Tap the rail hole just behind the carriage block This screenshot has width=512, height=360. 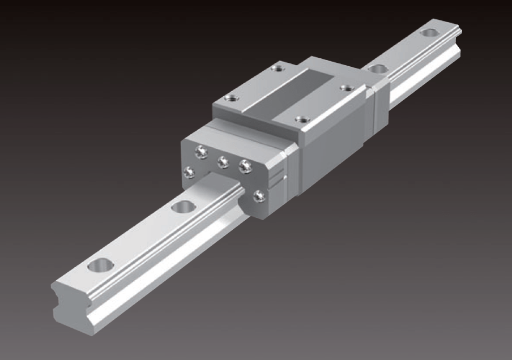click(x=376, y=69)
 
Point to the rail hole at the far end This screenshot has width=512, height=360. click(x=430, y=32)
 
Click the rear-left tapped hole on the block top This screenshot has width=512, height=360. click(x=276, y=69)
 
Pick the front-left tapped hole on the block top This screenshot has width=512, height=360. click(x=231, y=98)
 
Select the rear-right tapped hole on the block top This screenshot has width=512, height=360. click(x=346, y=88)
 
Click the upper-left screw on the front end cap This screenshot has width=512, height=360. click(x=200, y=151)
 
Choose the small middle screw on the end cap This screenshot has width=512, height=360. click(x=223, y=162)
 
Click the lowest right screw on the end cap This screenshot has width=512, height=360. click(x=259, y=196)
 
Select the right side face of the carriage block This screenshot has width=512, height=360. click(x=334, y=153)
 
